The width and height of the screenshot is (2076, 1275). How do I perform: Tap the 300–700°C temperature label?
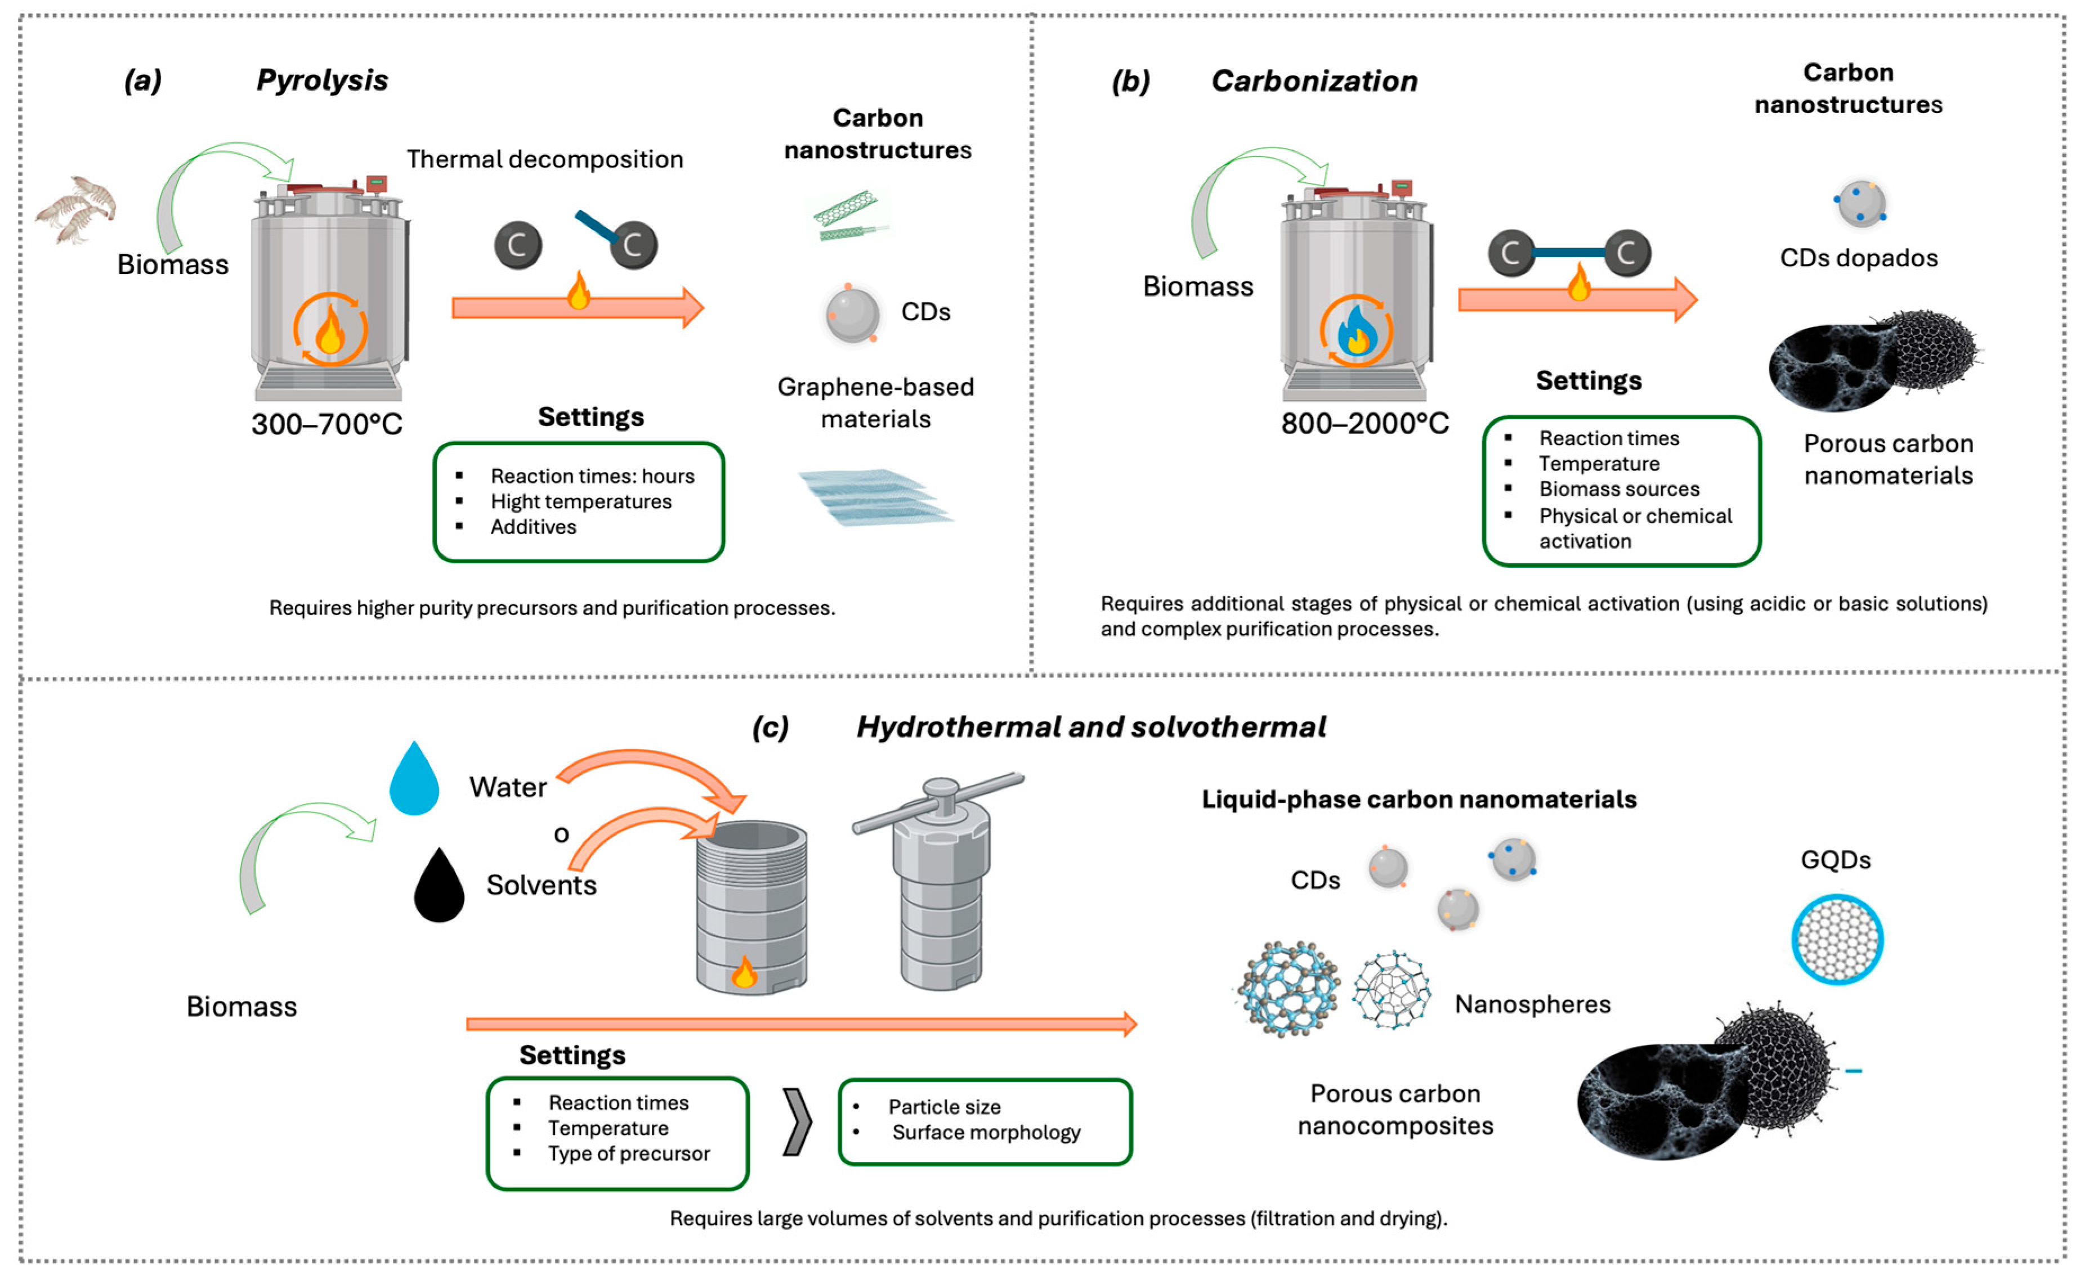[326, 423]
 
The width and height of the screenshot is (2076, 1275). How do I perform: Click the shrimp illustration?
[76, 208]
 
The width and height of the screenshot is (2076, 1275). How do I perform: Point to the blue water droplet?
[414, 780]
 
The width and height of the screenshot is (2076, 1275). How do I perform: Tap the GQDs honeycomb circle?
[1836, 940]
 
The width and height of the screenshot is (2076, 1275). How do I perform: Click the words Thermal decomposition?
[545, 159]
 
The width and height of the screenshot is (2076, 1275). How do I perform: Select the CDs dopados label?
[1858, 258]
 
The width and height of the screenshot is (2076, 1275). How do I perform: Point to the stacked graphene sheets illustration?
[875, 497]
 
